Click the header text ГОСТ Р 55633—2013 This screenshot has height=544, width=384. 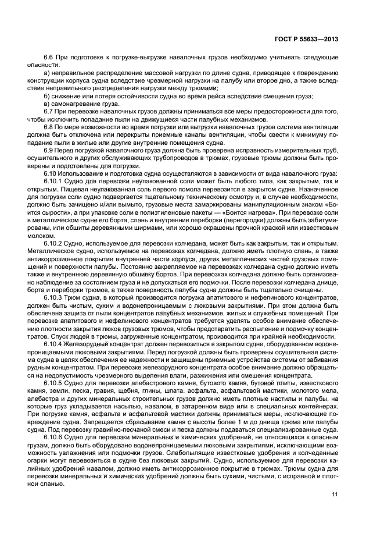pos(307,38)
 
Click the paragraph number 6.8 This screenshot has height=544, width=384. pos(49,126)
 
